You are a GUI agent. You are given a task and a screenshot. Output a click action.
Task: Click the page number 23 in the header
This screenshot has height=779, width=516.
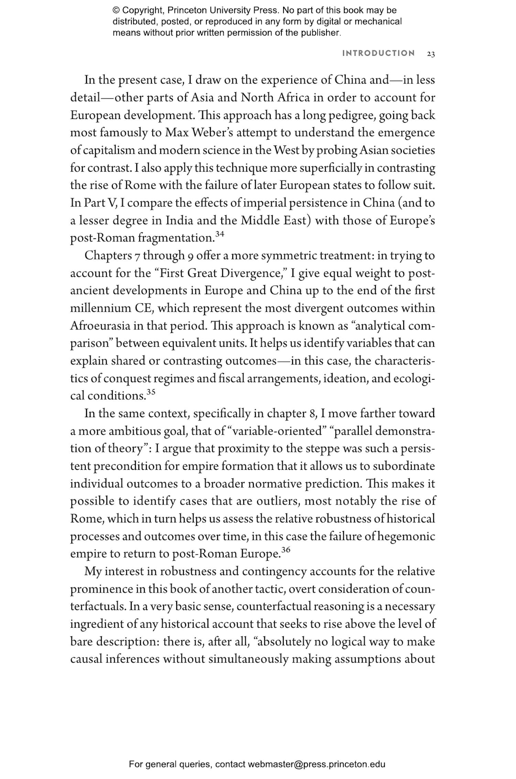pyautogui.click(x=431, y=54)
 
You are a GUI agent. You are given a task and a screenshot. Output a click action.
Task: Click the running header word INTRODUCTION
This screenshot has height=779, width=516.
pyautogui.click(x=378, y=53)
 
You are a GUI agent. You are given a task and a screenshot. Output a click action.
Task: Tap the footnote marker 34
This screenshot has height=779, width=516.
pyautogui.click(x=220, y=234)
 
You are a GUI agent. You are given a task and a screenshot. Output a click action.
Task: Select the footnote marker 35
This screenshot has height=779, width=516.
pyautogui.click(x=151, y=392)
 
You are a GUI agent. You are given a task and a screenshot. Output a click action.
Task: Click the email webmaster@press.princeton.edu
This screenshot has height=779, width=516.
pyautogui.click(x=316, y=764)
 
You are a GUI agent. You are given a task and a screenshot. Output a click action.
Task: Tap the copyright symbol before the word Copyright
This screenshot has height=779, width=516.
pyautogui.click(x=116, y=10)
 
